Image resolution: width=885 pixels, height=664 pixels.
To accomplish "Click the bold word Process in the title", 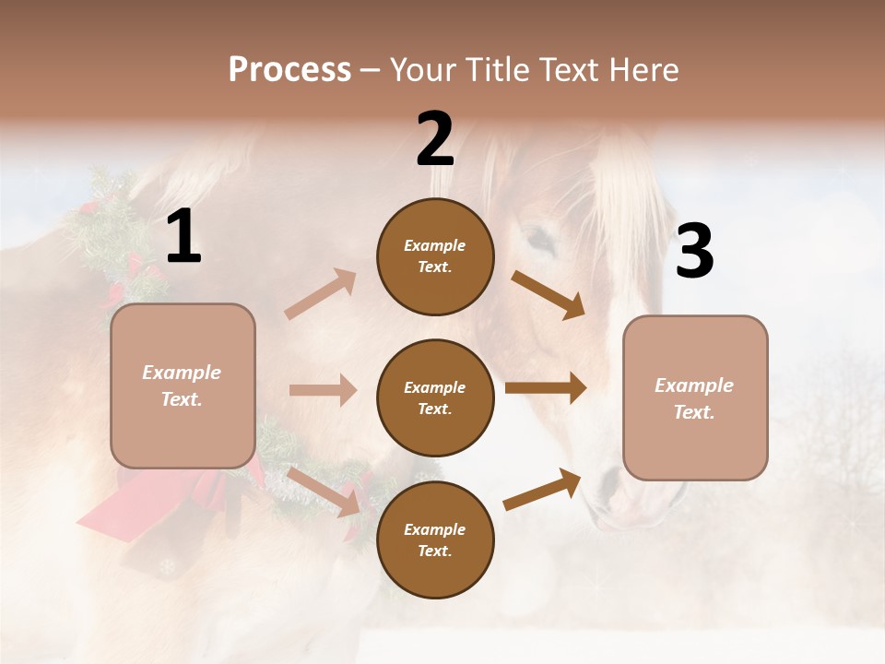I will coord(289,69).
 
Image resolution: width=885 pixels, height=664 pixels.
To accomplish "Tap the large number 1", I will coord(183,237).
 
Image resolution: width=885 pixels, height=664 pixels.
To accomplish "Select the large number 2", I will coord(435,140).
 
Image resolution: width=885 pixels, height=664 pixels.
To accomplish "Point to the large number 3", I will coord(694,252).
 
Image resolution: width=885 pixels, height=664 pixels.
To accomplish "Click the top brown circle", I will coord(435,256).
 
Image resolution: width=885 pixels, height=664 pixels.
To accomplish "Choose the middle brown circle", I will coord(435,397).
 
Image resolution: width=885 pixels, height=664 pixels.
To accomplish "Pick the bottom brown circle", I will coord(435,539).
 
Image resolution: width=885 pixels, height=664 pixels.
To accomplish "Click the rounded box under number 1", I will coord(183,385).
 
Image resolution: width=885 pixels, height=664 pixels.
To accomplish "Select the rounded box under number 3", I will coord(695,397).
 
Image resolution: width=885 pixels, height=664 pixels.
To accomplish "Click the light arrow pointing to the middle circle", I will coord(323,391).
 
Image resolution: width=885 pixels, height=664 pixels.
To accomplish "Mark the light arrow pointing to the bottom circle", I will coord(324,491).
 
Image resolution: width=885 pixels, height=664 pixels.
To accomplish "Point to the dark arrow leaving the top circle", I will coord(549,294).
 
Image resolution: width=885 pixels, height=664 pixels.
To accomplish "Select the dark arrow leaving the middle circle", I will coord(546,388).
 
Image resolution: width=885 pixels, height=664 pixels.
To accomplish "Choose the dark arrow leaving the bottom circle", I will coord(543,489).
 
